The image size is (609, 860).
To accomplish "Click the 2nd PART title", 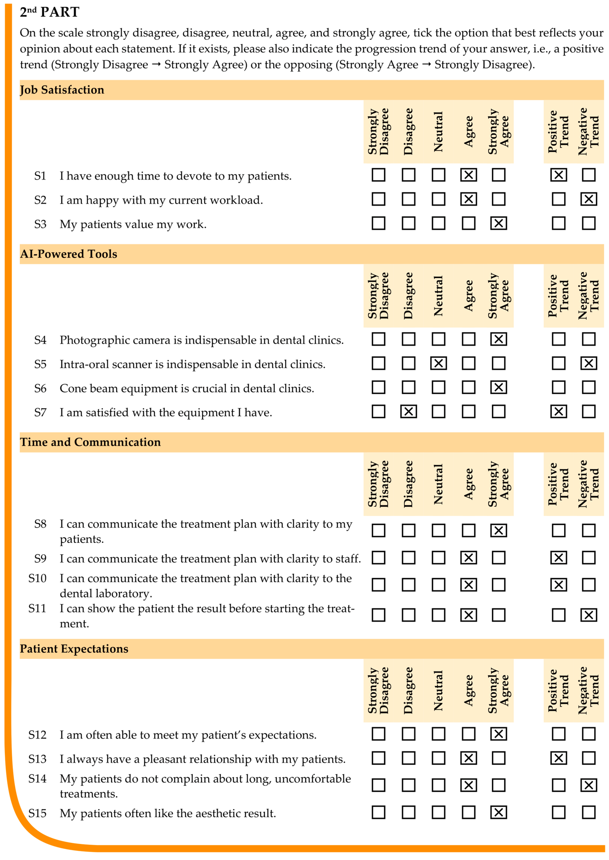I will tap(50, 12).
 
